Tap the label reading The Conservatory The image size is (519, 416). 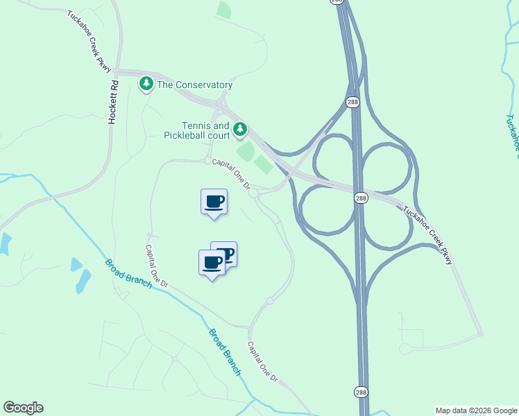(195, 85)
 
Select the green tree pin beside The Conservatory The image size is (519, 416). (146, 83)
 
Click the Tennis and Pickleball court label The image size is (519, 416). (205, 130)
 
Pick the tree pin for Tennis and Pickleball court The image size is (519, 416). (240, 129)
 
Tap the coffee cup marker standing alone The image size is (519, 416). (214, 202)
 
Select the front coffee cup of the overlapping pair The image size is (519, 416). (212, 263)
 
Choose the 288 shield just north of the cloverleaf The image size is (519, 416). (353, 101)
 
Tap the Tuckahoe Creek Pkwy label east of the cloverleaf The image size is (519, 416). (428, 235)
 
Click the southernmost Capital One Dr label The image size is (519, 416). (263, 362)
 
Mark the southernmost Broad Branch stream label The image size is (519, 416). (225, 352)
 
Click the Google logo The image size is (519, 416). (23, 408)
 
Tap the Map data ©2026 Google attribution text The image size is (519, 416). (477, 410)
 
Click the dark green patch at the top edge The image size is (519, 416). (223, 9)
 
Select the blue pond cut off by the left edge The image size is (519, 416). (4, 244)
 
